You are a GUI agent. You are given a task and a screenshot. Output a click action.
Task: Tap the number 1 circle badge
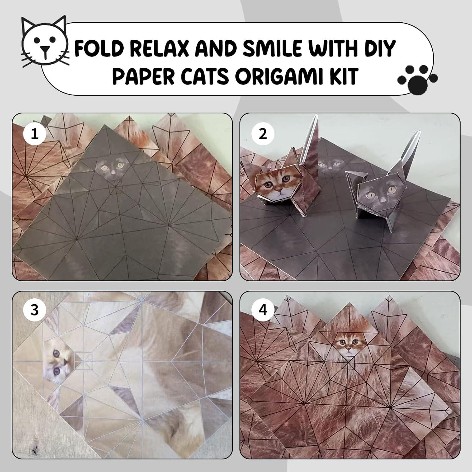(35, 134)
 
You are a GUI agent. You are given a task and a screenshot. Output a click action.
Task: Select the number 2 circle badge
(263, 134)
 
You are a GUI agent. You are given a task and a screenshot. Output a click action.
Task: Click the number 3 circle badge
(35, 310)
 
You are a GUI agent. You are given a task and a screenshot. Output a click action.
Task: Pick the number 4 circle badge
(263, 310)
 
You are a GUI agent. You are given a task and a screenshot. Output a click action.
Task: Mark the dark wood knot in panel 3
(34, 447)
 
